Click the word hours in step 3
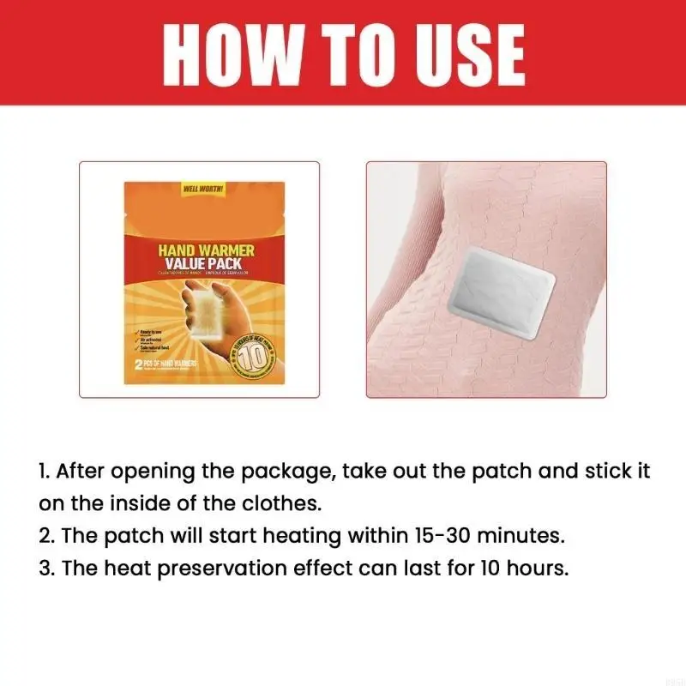(535, 569)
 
